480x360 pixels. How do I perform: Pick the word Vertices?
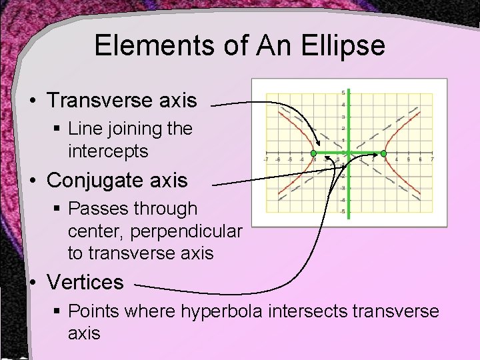tap(85, 282)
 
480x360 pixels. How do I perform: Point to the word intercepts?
tap(108, 151)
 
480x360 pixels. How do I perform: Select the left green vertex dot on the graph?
tap(313, 153)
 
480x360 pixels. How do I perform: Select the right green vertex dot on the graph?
tap(383, 153)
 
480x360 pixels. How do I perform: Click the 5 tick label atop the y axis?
tap(343, 93)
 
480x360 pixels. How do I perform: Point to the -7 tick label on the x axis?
tap(266, 159)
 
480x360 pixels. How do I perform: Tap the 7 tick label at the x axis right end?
tap(432, 159)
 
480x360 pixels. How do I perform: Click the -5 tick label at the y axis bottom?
tap(342, 212)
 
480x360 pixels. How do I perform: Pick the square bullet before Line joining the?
tap(58, 128)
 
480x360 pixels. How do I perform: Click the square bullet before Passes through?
tap(58, 209)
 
